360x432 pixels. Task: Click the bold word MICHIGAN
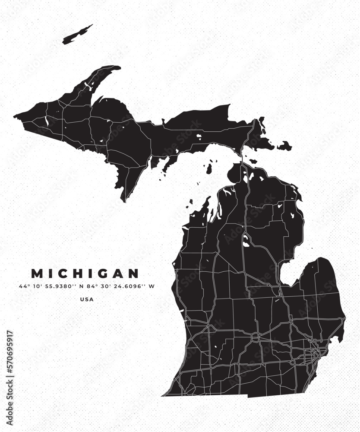pyautogui.click(x=85, y=273)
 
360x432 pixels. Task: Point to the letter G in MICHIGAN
pyautogui.click(x=105, y=273)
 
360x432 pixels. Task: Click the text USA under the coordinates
pyautogui.click(x=86, y=299)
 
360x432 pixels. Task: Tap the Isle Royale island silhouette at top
pyautogui.click(x=78, y=35)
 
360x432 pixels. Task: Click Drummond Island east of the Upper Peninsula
pyautogui.click(x=284, y=146)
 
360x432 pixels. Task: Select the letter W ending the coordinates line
pyautogui.click(x=152, y=286)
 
